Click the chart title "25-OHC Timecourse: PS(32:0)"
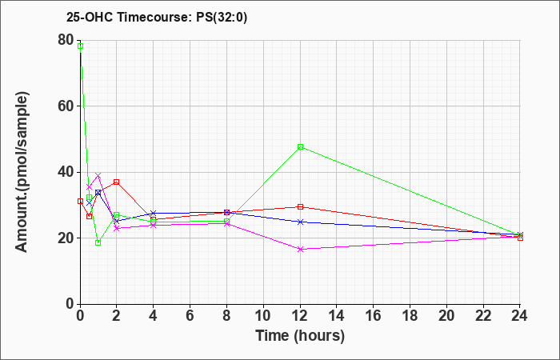[157, 18]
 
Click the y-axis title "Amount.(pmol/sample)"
[22, 172]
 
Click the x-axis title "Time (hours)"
[300, 336]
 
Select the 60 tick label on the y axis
[66, 106]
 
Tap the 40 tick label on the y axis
[66, 172]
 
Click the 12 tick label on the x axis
[300, 316]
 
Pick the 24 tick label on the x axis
[519, 316]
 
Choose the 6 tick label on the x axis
[190, 316]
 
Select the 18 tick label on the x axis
[410, 316]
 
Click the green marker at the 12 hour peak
[300, 146]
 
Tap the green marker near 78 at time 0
[80, 46]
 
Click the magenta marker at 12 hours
[300, 250]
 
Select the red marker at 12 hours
[300, 206]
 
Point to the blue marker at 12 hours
[300, 222]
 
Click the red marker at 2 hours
[117, 182]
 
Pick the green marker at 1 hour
[98, 243]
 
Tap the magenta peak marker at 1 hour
[98, 175]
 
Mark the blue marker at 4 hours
[154, 214]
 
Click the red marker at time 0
[80, 202]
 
